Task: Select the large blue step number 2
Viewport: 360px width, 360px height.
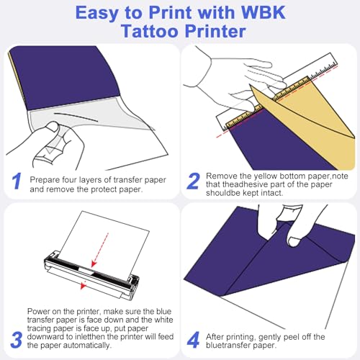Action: pyautogui.click(x=192, y=181)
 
